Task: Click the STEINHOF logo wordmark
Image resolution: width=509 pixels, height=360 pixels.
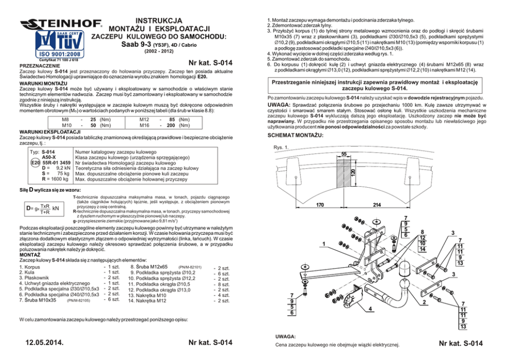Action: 61,24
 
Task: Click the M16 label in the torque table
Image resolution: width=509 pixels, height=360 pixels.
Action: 144,125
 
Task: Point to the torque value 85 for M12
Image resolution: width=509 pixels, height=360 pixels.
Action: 172,118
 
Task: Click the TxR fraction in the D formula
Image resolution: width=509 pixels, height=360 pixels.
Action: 45,207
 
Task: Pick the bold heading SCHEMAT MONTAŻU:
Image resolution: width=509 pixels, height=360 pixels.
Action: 296,134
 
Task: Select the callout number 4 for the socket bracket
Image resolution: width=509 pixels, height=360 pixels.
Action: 371,309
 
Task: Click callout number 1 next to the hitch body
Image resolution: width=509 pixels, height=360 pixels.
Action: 323,243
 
